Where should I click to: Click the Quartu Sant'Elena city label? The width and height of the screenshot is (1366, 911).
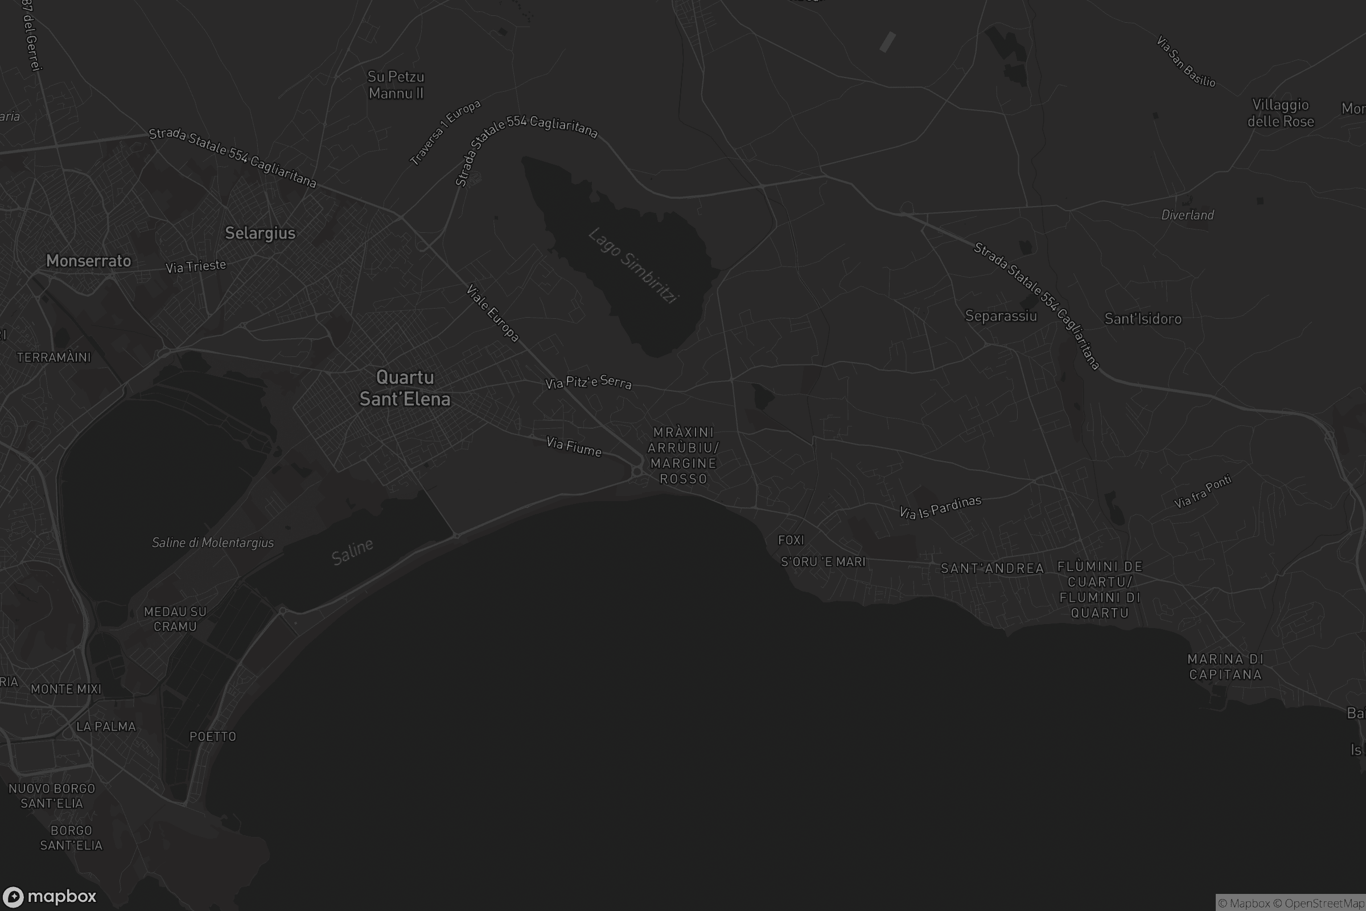405,388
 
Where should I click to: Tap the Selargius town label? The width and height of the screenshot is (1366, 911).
260,233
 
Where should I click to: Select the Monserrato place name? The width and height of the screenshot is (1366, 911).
89,261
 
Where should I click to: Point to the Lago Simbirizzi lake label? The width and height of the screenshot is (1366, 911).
633,265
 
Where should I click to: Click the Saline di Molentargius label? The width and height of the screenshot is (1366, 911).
212,543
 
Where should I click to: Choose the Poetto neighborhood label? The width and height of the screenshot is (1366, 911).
213,737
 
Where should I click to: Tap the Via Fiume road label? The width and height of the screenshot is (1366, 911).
574,447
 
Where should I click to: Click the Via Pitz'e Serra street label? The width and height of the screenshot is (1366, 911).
589,381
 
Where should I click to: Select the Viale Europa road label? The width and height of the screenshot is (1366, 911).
492,313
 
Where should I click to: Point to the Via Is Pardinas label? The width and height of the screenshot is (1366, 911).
940,507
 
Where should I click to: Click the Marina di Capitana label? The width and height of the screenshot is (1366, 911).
1225,667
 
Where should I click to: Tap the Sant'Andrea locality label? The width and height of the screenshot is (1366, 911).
993,568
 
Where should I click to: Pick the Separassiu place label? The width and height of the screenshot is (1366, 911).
1001,316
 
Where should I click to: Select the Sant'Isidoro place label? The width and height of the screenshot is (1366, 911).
1143,319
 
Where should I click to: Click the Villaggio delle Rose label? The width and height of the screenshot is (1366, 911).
1281,113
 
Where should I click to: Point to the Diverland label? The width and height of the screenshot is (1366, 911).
1188,215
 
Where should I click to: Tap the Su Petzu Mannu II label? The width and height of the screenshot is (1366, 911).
396,85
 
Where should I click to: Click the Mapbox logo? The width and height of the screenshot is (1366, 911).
50,896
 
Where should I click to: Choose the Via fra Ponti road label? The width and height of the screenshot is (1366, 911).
1203,491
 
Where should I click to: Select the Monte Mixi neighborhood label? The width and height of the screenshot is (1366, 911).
66,689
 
